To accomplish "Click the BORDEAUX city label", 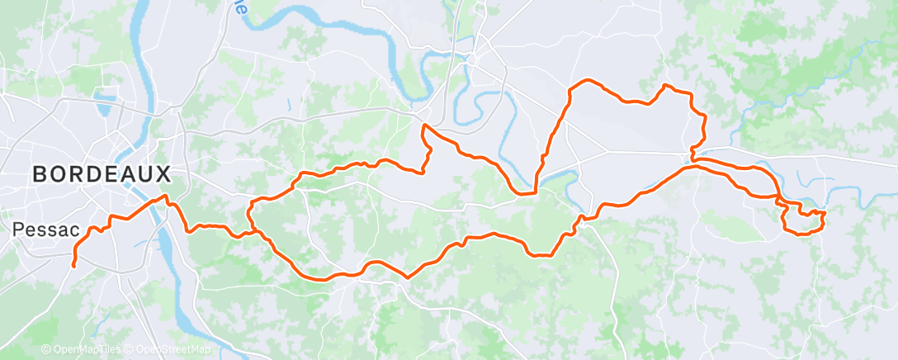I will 102,174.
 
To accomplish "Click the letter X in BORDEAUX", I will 163,174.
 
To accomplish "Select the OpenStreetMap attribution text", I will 173,349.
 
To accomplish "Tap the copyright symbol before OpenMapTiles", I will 45,349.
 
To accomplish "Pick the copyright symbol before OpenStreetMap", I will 130,349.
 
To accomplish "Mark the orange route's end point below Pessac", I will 73,265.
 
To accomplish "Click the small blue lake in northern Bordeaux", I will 105,103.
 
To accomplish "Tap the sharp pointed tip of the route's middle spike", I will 423,126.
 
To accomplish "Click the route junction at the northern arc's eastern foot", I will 693,159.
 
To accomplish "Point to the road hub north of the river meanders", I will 472,59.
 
